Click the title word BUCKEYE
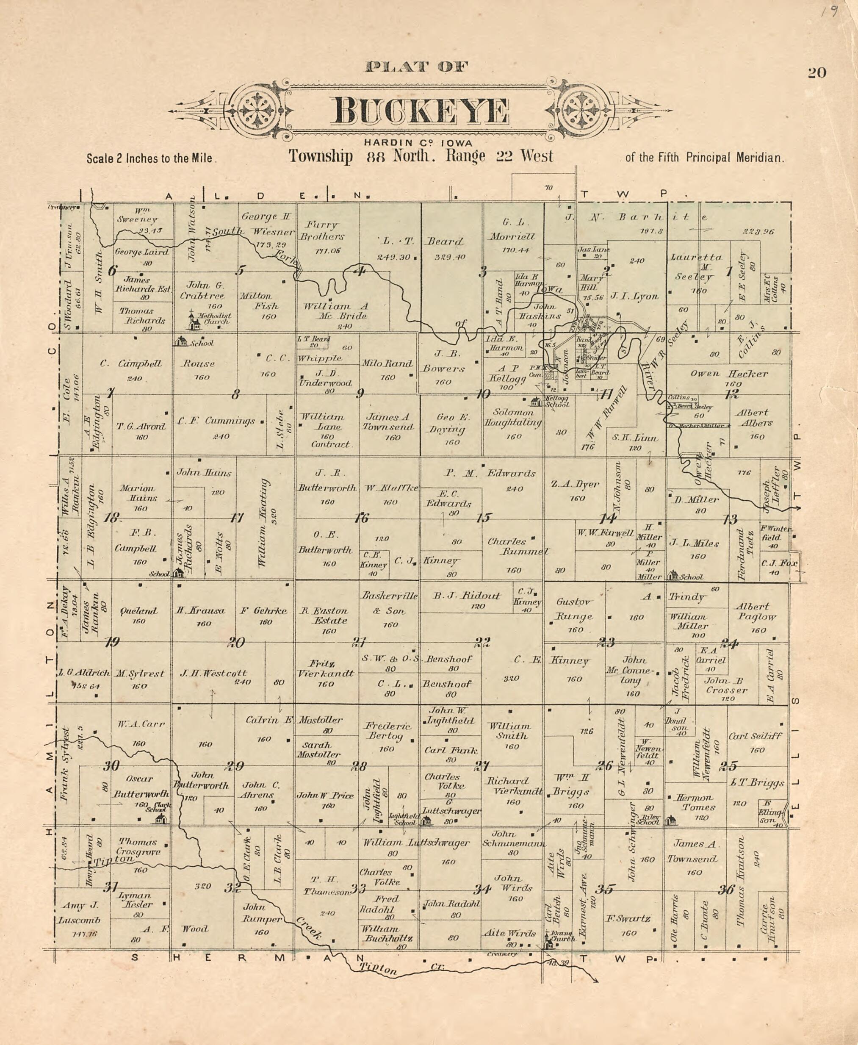click(x=421, y=112)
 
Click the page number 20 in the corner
click(x=816, y=73)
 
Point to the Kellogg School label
click(x=557, y=402)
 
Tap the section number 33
click(x=358, y=889)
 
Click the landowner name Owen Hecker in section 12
click(x=729, y=374)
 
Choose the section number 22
click(x=483, y=643)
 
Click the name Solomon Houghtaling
click(x=513, y=418)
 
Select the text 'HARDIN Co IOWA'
click(x=418, y=143)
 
